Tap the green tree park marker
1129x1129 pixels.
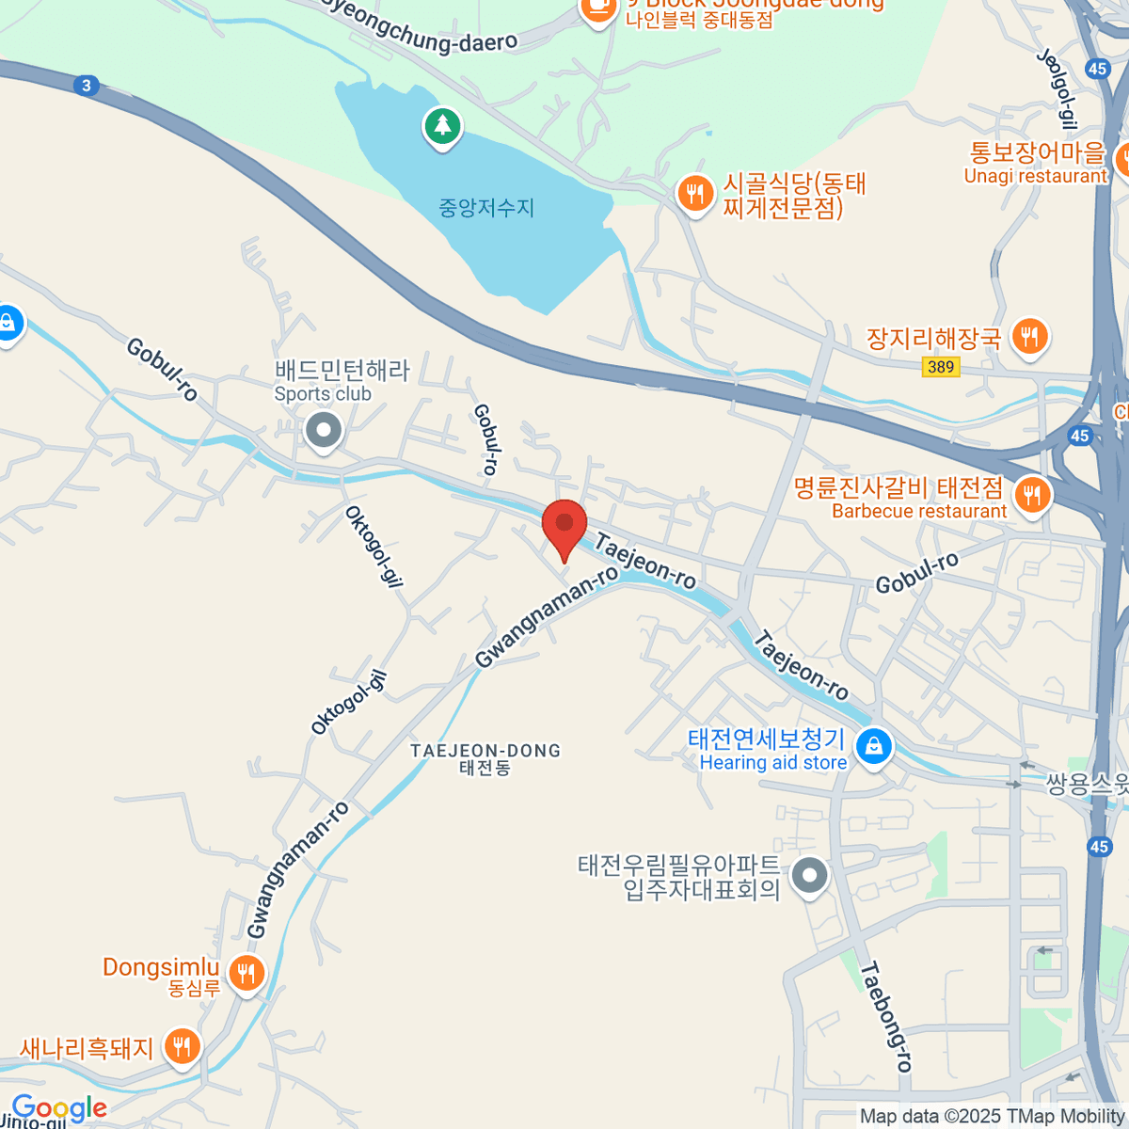[x=442, y=126]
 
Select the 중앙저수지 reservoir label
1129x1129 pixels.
[x=486, y=208]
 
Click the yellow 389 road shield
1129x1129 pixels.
[x=941, y=367]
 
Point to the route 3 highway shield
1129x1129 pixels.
[x=87, y=86]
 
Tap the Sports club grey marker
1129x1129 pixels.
[x=325, y=432]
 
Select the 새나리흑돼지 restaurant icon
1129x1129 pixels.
[x=183, y=1046]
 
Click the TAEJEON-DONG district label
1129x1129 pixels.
[x=485, y=758]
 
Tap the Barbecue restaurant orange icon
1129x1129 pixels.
[x=1032, y=493]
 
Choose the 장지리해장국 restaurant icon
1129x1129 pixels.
[x=1030, y=336]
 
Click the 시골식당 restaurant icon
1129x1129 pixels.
[x=695, y=194]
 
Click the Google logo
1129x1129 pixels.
[x=59, y=1108]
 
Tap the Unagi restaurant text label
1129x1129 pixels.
[x=1036, y=176]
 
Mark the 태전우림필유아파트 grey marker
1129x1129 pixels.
[x=809, y=876]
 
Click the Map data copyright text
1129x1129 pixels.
[x=992, y=1116]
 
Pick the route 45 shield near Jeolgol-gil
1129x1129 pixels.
[x=1097, y=68]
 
